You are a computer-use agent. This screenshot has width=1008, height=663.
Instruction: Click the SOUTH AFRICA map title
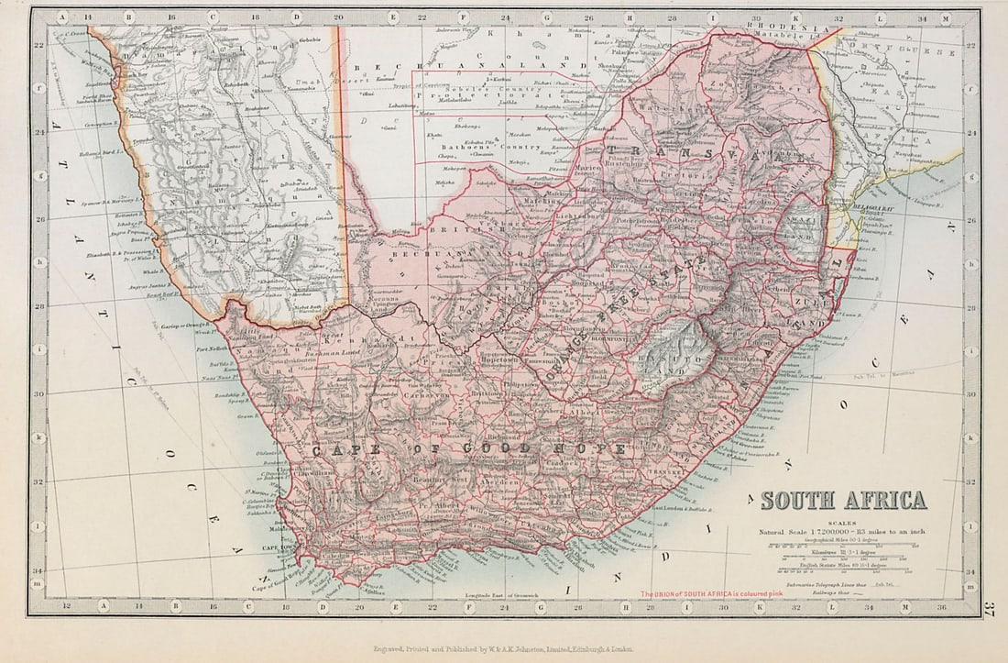(844, 501)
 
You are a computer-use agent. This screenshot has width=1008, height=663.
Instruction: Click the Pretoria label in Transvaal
(682, 171)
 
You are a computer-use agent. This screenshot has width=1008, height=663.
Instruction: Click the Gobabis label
(309, 39)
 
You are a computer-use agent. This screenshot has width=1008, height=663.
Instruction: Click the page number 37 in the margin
(989, 608)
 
